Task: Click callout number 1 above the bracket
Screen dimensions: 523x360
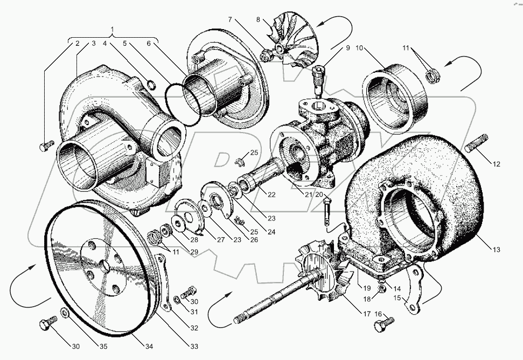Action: (113, 29)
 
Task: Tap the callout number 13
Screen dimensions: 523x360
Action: (496, 249)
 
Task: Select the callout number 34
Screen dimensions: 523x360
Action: (149, 347)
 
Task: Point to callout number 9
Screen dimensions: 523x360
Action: (347, 48)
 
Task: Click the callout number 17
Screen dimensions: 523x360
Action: (367, 314)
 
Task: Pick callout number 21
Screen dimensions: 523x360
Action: (308, 194)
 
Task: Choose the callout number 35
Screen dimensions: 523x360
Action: (103, 347)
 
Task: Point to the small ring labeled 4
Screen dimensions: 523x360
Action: (151, 85)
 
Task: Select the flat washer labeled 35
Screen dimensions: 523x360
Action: (64, 312)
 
